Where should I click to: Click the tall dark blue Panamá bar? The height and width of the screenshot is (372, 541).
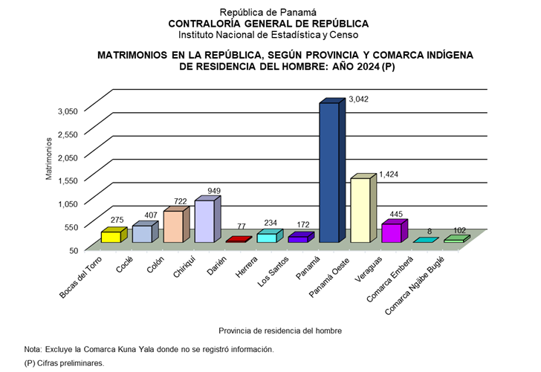point(328,172)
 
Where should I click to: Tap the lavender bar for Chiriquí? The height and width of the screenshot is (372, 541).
point(204,221)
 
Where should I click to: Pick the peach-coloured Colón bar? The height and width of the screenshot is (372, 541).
point(172,226)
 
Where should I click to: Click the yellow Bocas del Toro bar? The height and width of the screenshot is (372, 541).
point(110,236)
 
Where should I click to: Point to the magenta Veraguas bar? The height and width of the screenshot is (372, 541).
point(391,233)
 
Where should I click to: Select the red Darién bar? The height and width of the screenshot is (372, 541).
point(235,241)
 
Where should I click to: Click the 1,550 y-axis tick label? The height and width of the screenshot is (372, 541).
point(68,180)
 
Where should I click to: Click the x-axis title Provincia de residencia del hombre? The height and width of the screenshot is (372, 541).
point(280,330)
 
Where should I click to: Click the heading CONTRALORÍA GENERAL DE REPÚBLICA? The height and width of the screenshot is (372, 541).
point(268,23)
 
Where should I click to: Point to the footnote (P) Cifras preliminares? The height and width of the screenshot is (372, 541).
point(64,363)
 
